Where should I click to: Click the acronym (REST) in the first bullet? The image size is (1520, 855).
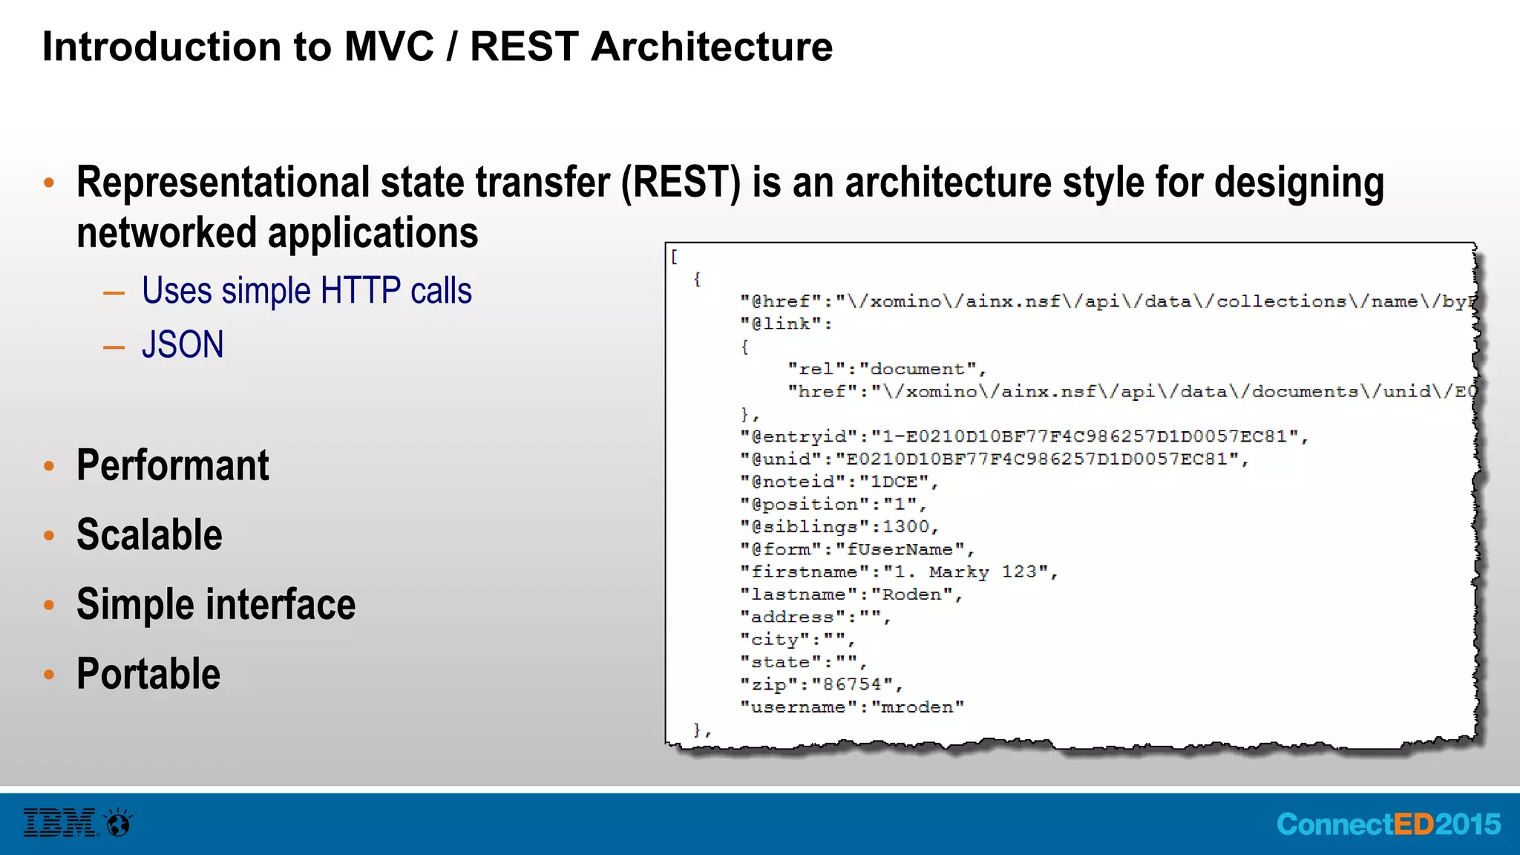coord(681,183)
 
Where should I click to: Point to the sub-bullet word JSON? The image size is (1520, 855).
coord(183,345)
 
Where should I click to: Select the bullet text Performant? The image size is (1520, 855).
coord(172,466)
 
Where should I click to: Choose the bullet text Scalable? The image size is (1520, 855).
coord(149,535)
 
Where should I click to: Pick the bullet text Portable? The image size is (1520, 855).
coord(148,674)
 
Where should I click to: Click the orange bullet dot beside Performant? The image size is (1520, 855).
coord(49,466)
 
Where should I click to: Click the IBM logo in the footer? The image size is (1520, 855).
coord(59,823)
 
